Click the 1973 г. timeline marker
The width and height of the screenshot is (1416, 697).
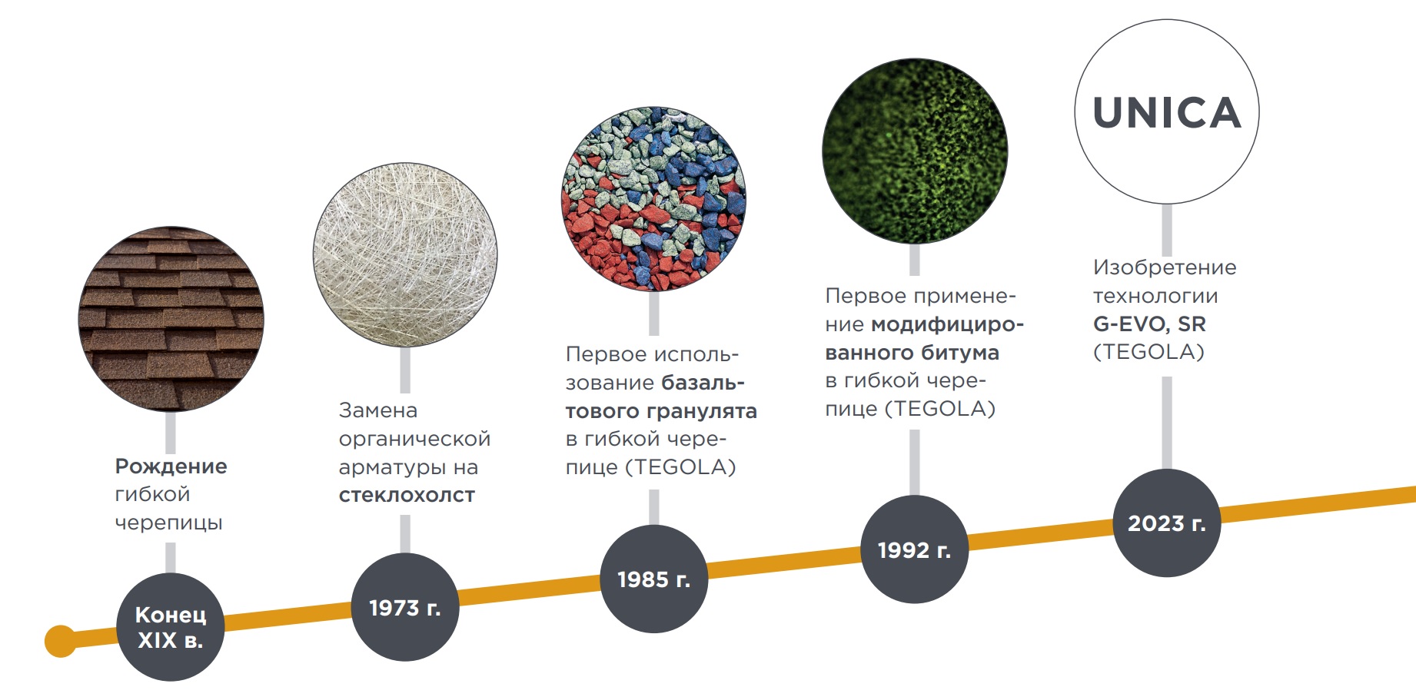[404, 607]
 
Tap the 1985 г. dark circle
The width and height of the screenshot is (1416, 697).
[653, 579]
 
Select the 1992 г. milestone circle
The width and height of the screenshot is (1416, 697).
[914, 549]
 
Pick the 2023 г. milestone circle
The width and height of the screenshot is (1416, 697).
[1166, 523]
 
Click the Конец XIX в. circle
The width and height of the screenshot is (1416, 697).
[170, 627]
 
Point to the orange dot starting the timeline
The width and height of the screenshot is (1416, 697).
[61, 641]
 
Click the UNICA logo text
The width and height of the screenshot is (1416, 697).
[1166, 113]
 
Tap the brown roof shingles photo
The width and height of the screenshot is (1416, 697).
[171, 319]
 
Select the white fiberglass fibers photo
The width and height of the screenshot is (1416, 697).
[405, 254]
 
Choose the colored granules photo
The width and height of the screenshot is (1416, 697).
[653, 199]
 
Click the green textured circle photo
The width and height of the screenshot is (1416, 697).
[914, 151]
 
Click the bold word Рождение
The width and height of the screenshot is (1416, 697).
[171, 466]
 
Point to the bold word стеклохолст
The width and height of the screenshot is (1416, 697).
[407, 496]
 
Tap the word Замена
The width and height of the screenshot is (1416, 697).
[377, 410]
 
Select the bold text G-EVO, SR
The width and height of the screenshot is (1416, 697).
[1149, 324]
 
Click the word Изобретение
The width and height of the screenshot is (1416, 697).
[1165, 267]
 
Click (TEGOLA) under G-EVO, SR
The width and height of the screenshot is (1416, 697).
[1148, 352]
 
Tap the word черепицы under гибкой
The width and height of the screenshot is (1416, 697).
[168, 523]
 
